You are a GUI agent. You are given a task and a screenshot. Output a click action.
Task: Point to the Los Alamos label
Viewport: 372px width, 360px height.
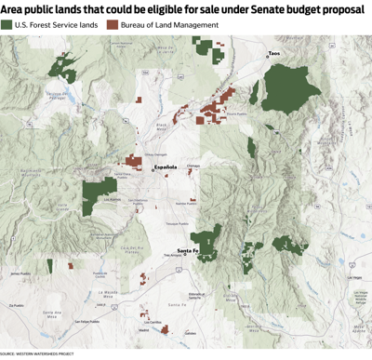tap(112, 198)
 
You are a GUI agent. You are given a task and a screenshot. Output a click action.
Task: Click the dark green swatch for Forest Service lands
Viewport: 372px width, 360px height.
tap(8, 24)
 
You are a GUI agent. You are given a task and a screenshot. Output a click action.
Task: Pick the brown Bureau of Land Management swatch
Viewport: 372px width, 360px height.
tap(113, 24)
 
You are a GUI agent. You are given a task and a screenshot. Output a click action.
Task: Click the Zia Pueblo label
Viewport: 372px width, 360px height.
tap(15, 305)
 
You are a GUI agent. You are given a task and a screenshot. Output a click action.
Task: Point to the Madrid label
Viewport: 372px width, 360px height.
tap(142, 330)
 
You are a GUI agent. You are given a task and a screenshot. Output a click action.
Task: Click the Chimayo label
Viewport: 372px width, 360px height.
tap(193, 166)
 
